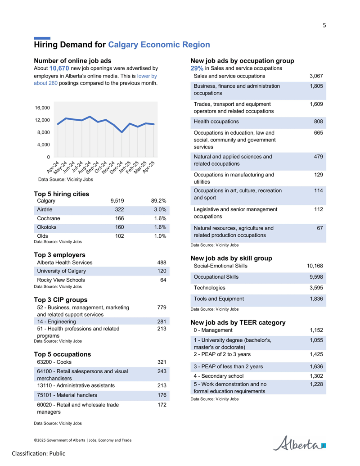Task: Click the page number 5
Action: pos(324,25)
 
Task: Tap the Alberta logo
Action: pos(299,443)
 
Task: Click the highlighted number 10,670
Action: pos(59,68)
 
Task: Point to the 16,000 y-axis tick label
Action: pos(42,108)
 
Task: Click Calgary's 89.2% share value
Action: pos(158,201)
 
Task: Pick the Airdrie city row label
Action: pos(45,209)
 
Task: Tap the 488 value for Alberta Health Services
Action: pos(162,263)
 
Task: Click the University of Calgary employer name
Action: pos(62,271)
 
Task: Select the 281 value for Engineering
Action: pos(162,321)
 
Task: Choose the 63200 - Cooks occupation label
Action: pos(54,362)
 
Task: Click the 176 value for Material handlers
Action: pos(162,395)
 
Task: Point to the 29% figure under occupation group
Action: pos(197,68)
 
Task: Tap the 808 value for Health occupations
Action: pos(319,122)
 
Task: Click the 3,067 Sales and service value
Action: pos(316,76)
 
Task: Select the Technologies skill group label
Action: pos(209,288)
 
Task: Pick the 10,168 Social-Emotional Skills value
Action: pos(315,266)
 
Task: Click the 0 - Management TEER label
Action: pos(213,330)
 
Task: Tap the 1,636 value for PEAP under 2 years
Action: pos(316,367)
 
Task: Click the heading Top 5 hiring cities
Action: pos(62,194)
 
